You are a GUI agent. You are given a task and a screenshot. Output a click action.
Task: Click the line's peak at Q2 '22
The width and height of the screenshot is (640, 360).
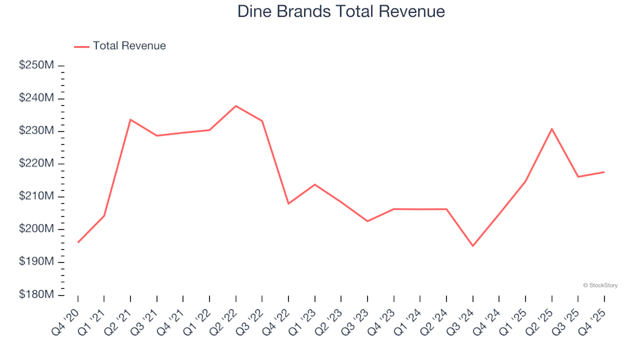[236, 106]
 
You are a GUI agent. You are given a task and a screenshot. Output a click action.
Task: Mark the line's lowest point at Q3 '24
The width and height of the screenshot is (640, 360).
[473, 246]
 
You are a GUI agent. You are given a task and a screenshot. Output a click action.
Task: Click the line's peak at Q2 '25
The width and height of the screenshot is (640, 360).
[551, 129]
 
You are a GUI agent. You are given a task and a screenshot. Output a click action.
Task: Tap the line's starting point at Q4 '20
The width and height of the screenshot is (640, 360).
[78, 242]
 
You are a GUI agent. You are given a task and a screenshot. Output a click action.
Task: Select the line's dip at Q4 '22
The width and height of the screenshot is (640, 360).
[289, 203]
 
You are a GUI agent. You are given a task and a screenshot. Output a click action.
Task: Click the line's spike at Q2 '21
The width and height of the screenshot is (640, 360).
[131, 119]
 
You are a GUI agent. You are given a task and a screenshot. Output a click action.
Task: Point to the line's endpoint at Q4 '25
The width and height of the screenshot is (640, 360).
[603, 172]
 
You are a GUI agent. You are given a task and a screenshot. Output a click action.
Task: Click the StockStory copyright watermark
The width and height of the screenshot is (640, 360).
[600, 285]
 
